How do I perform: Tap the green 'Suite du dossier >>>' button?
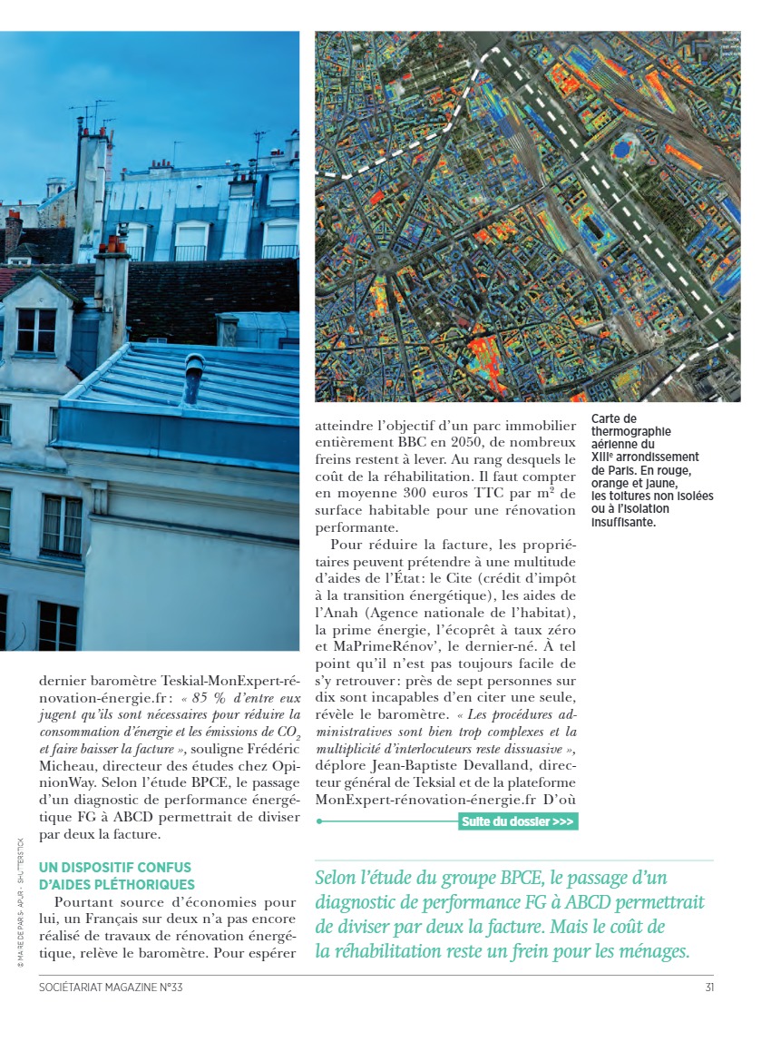click(518, 822)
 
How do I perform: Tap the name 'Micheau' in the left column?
click(69, 764)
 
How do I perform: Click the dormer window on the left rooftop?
click(35, 330)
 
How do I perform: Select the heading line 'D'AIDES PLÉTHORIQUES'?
click(116, 884)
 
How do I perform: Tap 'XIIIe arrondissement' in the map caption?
click(645, 457)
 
